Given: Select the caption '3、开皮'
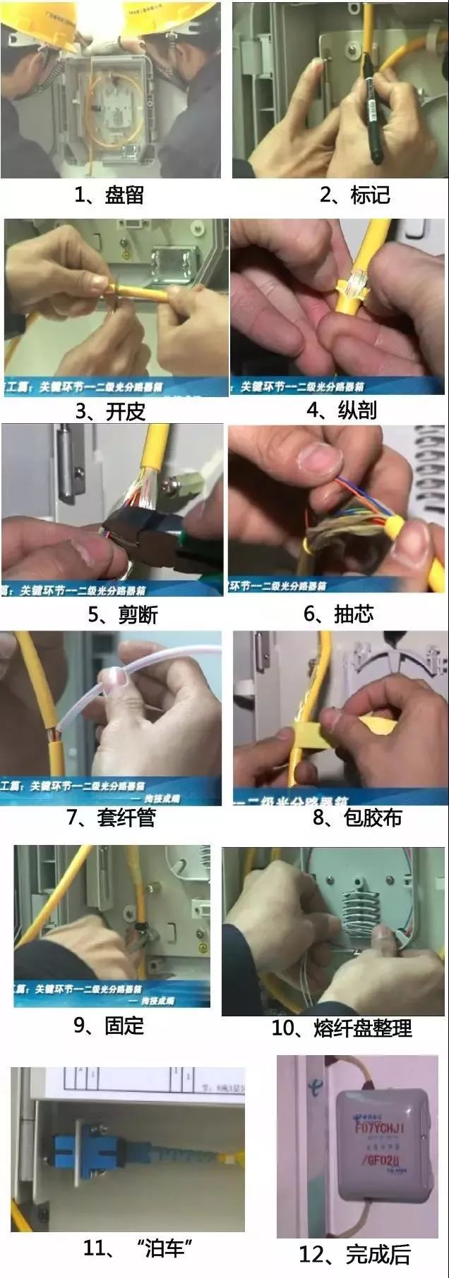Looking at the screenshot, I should tap(109, 411).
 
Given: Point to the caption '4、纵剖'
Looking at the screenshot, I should tap(342, 410).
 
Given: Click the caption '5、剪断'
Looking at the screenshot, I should tap(122, 614).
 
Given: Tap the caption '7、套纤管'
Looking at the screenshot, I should tap(111, 817).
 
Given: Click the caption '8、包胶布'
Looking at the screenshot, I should tap(357, 817).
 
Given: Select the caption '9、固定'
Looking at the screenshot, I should tap(109, 1026).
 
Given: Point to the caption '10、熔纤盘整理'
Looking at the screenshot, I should tap(342, 1028).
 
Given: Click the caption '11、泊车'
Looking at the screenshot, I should tap(138, 1248).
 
